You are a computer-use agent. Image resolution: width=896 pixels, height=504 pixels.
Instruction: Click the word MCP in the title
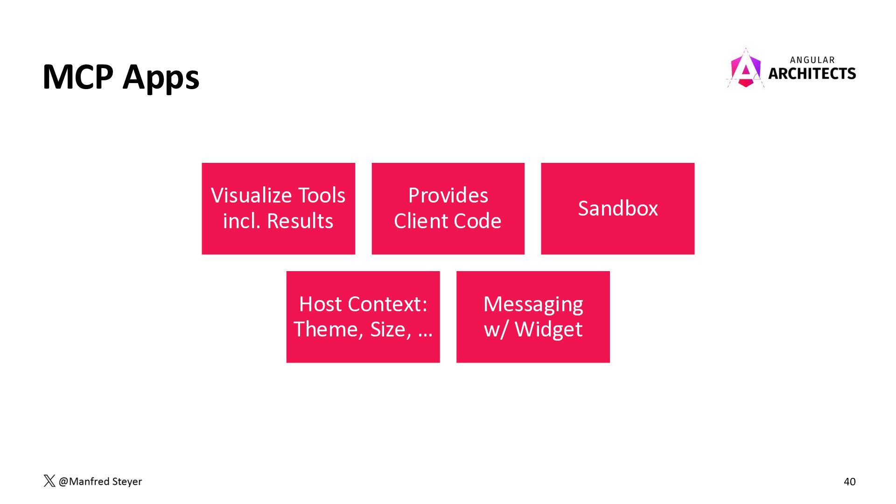pos(78,77)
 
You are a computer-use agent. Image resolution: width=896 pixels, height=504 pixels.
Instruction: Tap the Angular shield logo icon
pos(745,68)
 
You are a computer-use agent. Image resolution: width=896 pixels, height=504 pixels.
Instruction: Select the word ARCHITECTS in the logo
pos(812,74)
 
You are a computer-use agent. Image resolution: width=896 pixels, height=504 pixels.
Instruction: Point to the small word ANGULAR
pos(812,60)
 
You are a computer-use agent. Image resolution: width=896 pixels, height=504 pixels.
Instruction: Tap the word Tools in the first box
pos(322,195)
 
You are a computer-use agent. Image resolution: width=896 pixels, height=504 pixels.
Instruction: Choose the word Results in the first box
pos(300,221)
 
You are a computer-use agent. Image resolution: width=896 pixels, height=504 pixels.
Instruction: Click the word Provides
pos(448,195)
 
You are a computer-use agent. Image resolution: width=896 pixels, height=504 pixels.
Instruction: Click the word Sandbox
pos(618,208)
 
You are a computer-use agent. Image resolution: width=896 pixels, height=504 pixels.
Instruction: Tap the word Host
pos(320,304)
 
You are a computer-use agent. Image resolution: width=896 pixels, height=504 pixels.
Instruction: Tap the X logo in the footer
pos(49,481)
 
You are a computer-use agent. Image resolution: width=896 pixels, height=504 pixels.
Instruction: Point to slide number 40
pos(850,482)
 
